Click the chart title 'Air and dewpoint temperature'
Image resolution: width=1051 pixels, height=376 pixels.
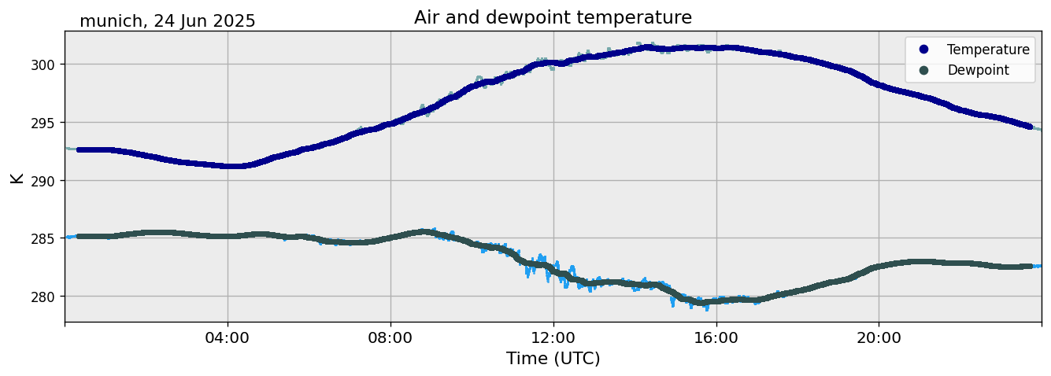pyautogui.click(x=553, y=17)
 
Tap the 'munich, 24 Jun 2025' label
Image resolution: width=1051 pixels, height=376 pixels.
pyautogui.click(x=168, y=21)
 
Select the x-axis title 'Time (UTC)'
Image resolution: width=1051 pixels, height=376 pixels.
pyautogui.click(x=553, y=359)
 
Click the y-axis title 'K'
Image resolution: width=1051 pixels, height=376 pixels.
pyautogui.click(x=17, y=178)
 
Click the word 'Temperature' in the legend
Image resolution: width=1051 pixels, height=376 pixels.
pyautogui.click(x=988, y=50)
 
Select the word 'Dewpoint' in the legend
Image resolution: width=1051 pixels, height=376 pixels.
pyautogui.click(x=978, y=70)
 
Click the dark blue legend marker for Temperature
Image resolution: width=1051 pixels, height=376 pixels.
pyautogui.click(x=923, y=50)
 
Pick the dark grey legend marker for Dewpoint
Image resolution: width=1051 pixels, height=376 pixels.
pyautogui.click(x=923, y=70)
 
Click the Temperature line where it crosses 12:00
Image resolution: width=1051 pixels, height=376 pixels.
pyautogui.click(x=553, y=63)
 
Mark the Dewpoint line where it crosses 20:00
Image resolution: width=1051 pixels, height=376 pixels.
pyautogui.click(x=879, y=266)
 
